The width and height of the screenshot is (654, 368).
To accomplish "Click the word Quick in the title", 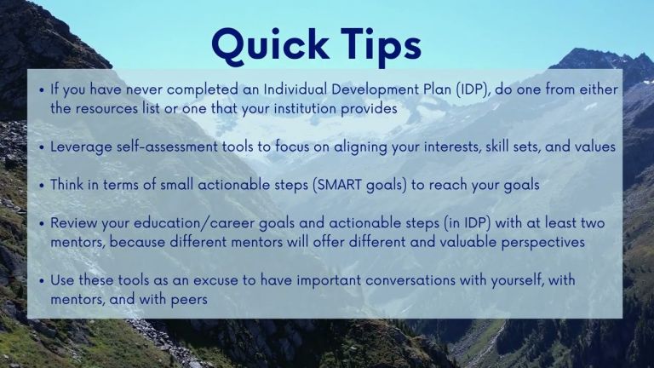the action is (270, 45).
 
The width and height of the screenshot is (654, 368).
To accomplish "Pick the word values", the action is (595, 147).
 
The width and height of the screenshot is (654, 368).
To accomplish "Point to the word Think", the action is (66, 184).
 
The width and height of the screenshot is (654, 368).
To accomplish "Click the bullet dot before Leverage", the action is (41, 147).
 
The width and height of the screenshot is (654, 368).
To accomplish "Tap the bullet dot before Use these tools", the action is (41, 281).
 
